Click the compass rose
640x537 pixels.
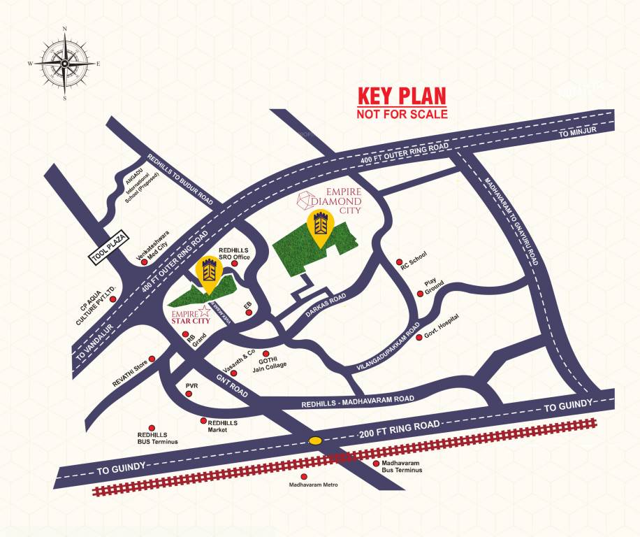[x=64, y=64]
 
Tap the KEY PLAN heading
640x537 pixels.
[x=402, y=96]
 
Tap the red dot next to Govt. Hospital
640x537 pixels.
[x=419, y=337]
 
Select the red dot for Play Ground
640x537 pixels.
[x=420, y=294]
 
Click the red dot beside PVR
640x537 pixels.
[x=188, y=395]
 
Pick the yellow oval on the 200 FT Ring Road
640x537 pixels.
[x=316, y=441]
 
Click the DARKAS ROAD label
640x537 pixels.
[x=328, y=308]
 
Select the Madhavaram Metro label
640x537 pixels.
[x=313, y=484]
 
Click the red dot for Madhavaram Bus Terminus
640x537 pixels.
[x=376, y=463]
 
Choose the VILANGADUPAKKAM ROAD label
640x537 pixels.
[x=388, y=346]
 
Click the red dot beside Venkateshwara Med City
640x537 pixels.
[x=143, y=263]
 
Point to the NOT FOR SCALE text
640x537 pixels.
[x=402, y=113]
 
